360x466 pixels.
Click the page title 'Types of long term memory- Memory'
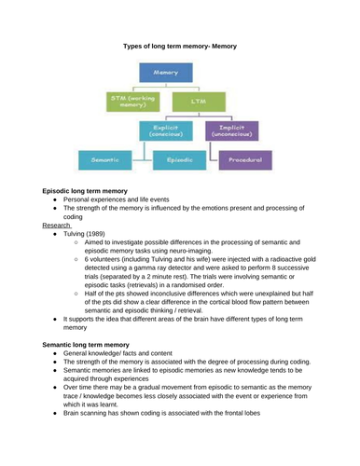(180, 45)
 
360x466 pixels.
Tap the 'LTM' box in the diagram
(198, 101)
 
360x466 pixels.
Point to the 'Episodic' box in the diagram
(179, 160)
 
